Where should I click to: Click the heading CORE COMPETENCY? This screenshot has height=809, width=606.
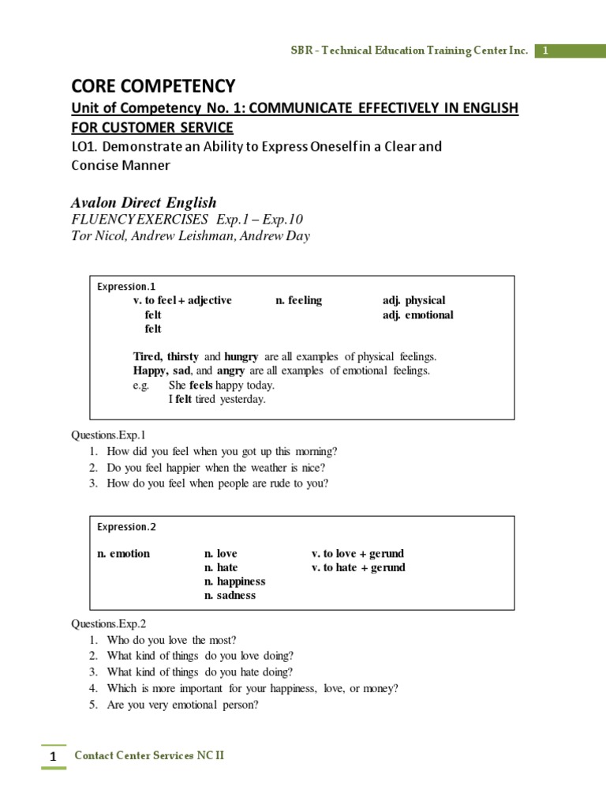tap(153, 85)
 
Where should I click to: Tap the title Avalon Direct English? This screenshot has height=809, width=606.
tap(144, 202)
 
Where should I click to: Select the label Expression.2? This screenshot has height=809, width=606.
tap(122, 527)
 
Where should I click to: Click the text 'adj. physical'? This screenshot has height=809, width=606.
tap(413, 300)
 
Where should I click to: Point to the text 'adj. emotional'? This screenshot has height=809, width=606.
tap(417, 314)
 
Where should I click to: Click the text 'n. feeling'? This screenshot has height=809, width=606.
tap(298, 300)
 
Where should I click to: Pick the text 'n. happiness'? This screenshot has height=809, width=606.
tap(234, 581)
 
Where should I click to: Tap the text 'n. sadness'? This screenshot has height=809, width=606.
tap(230, 596)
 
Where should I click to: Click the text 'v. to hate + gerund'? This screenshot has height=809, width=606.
tap(358, 567)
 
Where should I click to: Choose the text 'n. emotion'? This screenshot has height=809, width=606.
tap(123, 553)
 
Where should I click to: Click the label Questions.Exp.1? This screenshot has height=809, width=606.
tap(109, 435)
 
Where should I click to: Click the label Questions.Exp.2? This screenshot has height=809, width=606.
tap(109, 623)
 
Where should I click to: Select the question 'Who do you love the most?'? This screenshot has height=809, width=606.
tap(171, 640)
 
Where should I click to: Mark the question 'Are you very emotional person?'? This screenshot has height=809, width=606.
tap(182, 705)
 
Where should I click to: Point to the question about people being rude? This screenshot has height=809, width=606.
tap(218, 484)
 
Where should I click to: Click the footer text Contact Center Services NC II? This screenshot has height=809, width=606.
tap(149, 755)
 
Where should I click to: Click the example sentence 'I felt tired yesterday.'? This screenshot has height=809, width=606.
tap(217, 400)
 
